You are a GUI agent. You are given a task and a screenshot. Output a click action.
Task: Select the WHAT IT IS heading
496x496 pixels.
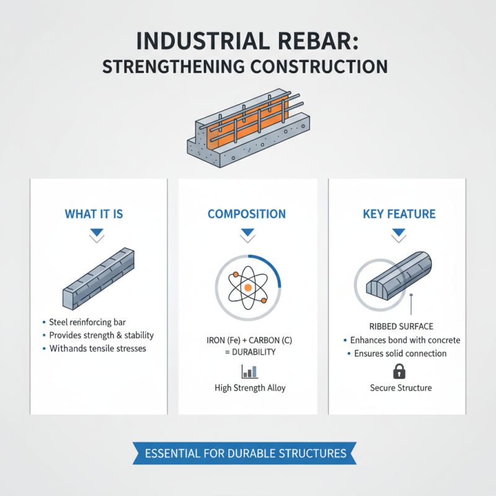click(x=94, y=214)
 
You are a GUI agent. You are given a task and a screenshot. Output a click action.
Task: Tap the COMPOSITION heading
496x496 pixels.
click(x=247, y=214)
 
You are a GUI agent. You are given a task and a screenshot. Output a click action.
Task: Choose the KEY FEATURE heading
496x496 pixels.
click(x=399, y=214)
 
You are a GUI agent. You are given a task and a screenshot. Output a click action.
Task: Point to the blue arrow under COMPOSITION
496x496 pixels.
click(x=247, y=234)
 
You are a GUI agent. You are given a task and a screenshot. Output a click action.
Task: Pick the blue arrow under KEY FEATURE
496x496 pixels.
click(x=399, y=234)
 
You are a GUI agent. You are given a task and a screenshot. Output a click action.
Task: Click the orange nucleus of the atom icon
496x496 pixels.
click(x=247, y=288)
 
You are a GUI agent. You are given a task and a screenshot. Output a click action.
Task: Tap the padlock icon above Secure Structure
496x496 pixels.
click(x=399, y=371)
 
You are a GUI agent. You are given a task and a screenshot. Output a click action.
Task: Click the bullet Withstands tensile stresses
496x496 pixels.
click(x=98, y=349)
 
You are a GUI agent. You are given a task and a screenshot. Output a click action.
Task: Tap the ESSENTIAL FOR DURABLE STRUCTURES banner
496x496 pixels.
click(x=246, y=453)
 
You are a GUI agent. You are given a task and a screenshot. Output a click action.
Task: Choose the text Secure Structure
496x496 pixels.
click(x=399, y=388)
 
